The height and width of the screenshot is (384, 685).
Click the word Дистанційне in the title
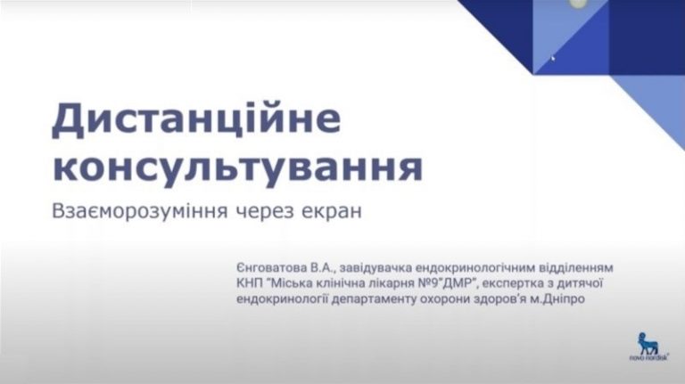(x=196, y=119)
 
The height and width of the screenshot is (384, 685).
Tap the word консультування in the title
(x=237, y=168)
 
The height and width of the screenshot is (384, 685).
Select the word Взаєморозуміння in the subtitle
(x=140, y=211)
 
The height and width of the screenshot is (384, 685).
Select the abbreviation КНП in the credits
(x=250, y=283)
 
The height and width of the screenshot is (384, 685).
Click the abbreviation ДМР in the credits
(x=459, y=283)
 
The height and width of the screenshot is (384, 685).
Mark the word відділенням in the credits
(x=575, y=267)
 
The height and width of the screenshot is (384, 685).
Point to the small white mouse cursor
(x=553, y=58)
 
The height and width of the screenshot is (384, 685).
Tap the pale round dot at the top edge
(x=578, y=4)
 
